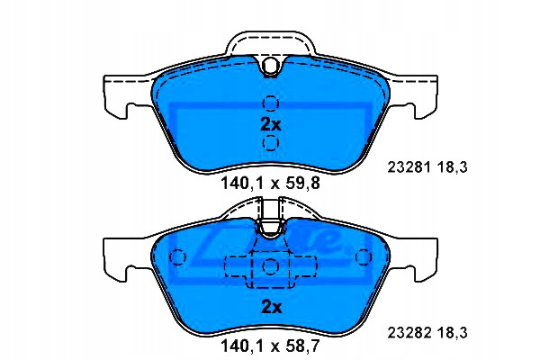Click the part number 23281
[409, 167]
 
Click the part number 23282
[409, 333]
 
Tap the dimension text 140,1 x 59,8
[270, 184]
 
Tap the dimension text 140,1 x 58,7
[270, 346]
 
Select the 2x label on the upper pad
[271, 125]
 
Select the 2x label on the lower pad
[272, 307]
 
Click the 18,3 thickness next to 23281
[453, 167]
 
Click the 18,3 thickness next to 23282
[453, 333]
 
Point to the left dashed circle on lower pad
[177, 256]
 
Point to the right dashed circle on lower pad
[364, 256]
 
